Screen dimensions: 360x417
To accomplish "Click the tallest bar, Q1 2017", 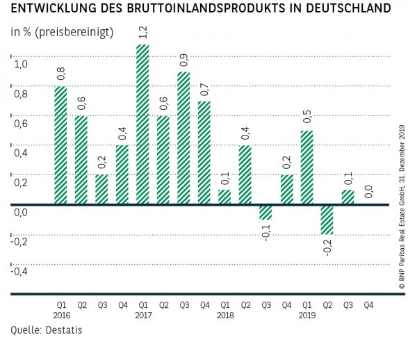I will pos(142,125).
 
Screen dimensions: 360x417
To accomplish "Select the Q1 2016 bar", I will pos(60,145).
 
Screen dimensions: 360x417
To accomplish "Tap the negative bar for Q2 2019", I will pos(327,220).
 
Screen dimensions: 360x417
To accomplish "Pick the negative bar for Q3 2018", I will pos(265,212).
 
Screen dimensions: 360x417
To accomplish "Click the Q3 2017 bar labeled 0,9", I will pos(183,138).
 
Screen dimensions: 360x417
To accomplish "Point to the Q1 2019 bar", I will pos(306,167).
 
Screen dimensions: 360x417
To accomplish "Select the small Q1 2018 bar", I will pos(224,197).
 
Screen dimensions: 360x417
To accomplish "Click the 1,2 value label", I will pos(142,33).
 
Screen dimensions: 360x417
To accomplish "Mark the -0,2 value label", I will pos(327,247).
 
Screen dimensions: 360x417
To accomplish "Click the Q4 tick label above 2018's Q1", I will pos(204,304).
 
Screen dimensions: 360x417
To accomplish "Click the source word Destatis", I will pos(64,330).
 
